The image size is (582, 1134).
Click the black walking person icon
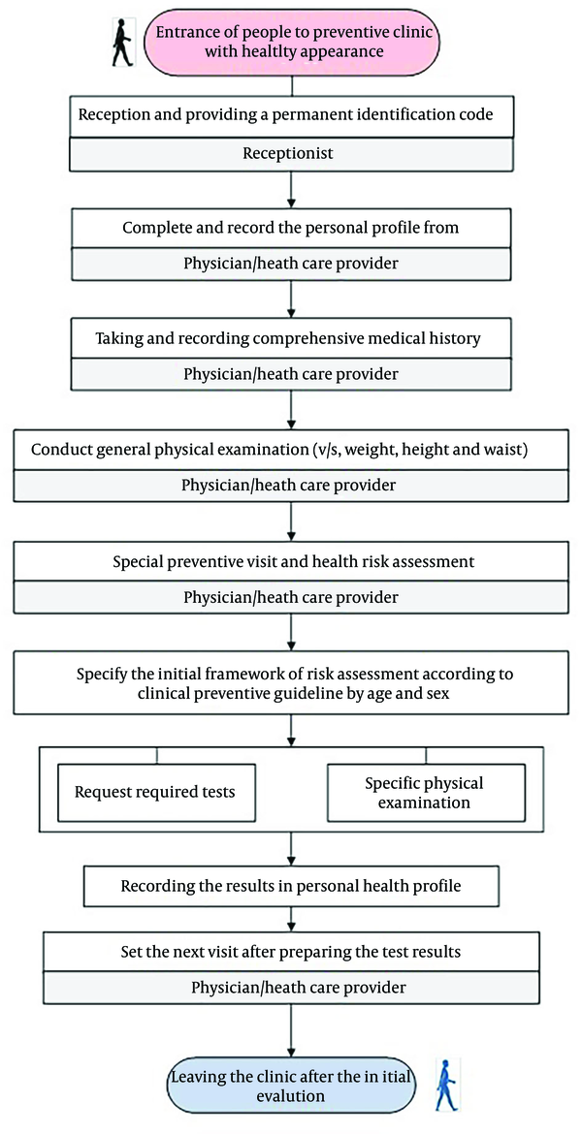pos(122,45)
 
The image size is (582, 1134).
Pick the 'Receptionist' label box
pos(291,153)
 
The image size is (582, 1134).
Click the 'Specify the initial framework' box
pos(291,682)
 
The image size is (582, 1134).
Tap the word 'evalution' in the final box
pos(290,1096)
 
